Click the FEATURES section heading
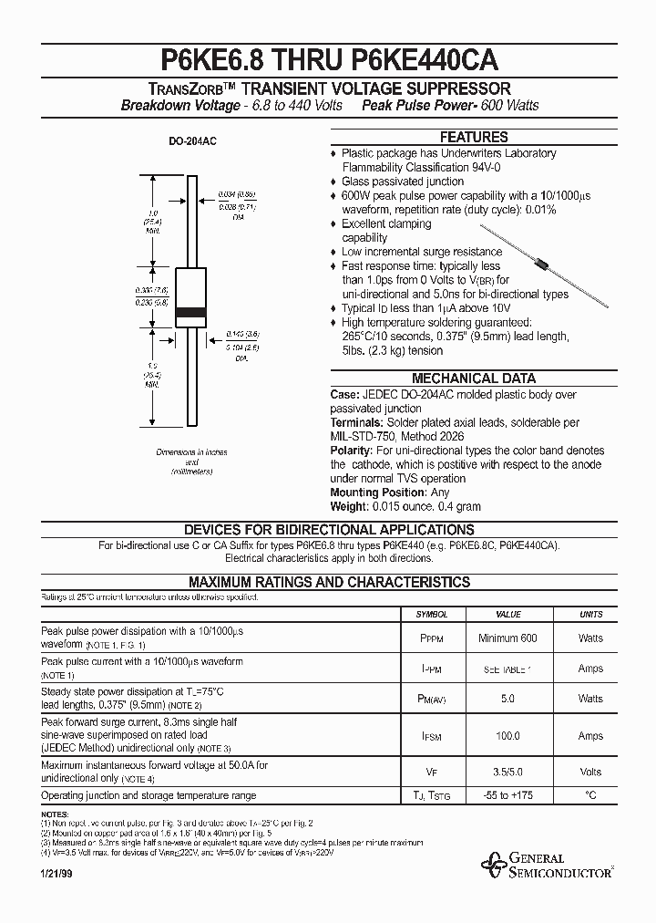[x=474, y=138]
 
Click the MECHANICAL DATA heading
[x=474, y=378]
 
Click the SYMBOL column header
[x=432, y=615]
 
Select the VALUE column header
[x=507, y=615]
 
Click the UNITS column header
[x=590, y=615]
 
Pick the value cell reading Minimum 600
[x=507, y=638]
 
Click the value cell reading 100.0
[x=507, y=736]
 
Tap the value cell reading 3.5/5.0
[x=507, y=772]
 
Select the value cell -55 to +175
[x=507, y=796]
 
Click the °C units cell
[x=590, y=796]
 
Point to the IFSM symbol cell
[x=432, y=736]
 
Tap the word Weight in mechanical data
[x=349, y=506]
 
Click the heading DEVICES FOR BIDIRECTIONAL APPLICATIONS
[x=329, y=530]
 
